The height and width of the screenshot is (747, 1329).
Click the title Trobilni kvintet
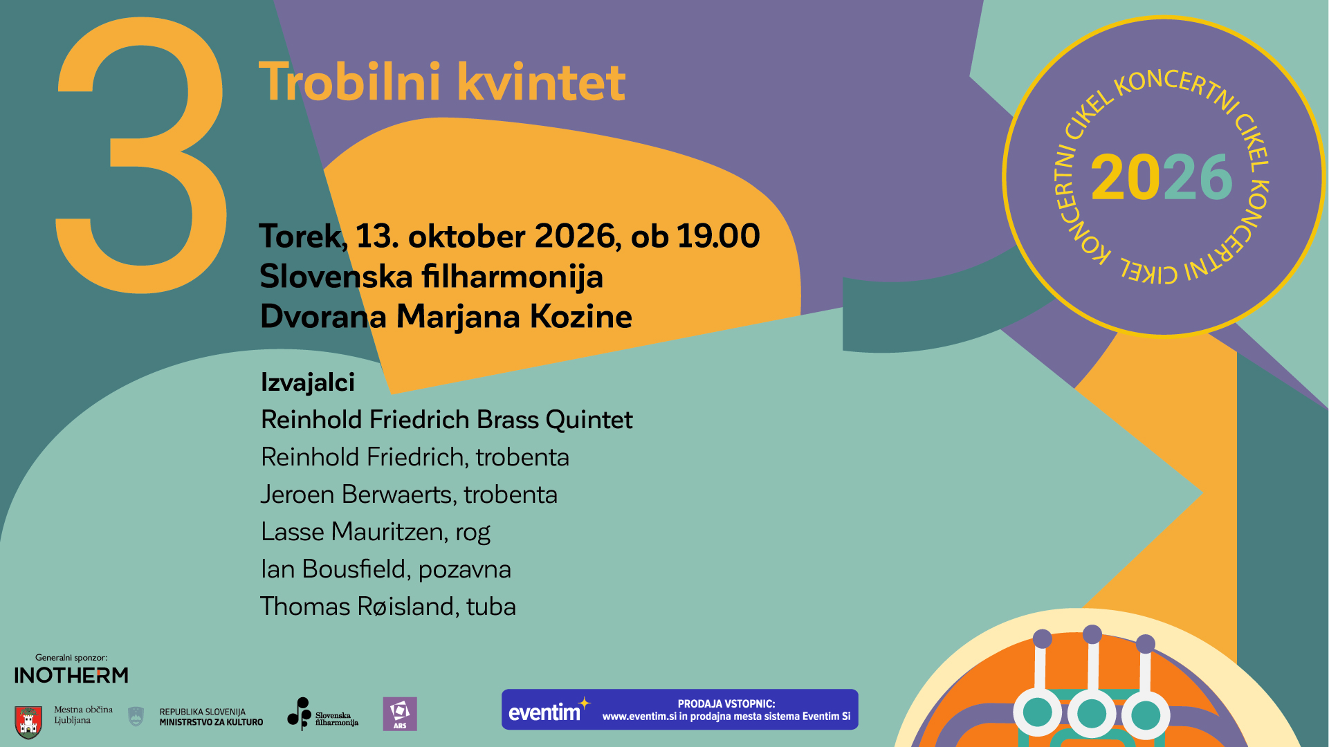click(442, 82)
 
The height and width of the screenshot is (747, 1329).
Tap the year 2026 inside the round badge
click(1162, 177)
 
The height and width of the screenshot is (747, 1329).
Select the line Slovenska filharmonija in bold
click(431, 277)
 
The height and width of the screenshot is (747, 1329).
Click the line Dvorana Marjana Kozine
click(446, 317)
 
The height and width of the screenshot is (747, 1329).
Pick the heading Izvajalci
click(307, 382)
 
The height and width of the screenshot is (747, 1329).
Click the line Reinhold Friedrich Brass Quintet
click(446, 420)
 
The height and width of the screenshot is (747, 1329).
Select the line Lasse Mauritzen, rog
click(375, 532)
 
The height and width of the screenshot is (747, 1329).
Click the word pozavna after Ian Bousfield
click(464, 570)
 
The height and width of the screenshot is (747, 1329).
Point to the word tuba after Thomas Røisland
click(491, 607)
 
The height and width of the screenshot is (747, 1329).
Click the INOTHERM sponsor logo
click(71, 675)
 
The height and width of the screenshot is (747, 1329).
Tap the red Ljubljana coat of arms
click(28, 722)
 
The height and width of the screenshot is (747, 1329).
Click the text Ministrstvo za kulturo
click(211, 722)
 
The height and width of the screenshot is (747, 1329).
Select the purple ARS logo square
click(400, 714)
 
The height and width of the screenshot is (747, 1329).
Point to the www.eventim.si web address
click(639, 717)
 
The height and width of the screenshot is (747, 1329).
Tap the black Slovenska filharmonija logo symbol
click(300, 714)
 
